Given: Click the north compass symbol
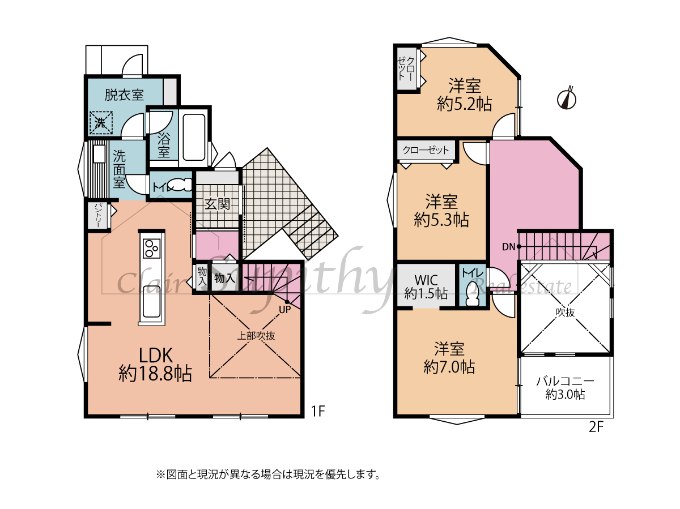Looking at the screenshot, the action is tap(566, 99).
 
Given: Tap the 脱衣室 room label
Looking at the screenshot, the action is tap(124, 95).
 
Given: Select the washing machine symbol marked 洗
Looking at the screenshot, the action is tap(101, 123).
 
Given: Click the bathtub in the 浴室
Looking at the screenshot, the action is tap(194, 137).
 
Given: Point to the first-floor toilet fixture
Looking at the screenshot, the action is tap(180, 185).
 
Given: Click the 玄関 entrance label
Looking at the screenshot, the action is tap(217, 204).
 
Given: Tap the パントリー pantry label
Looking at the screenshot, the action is tap(98, 215).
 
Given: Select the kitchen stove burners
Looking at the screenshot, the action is tap(151, 249).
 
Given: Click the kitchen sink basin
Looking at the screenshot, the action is tap(151, 301).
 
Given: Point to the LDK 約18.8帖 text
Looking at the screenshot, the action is tap(155, 365).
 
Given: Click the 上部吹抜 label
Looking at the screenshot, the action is tap(256, 336).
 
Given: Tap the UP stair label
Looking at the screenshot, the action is tap(285, 310).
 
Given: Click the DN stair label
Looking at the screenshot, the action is tap(508, 247).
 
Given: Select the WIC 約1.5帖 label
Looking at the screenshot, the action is tap(426, 287).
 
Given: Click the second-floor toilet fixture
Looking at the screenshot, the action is tap(473, 294).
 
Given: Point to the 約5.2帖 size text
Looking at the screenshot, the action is tap(464, 104).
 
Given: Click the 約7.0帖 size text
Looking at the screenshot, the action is tap(449, 367).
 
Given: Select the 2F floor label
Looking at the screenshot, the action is tap(596, 427).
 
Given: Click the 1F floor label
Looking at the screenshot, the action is tap(317, 411).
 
